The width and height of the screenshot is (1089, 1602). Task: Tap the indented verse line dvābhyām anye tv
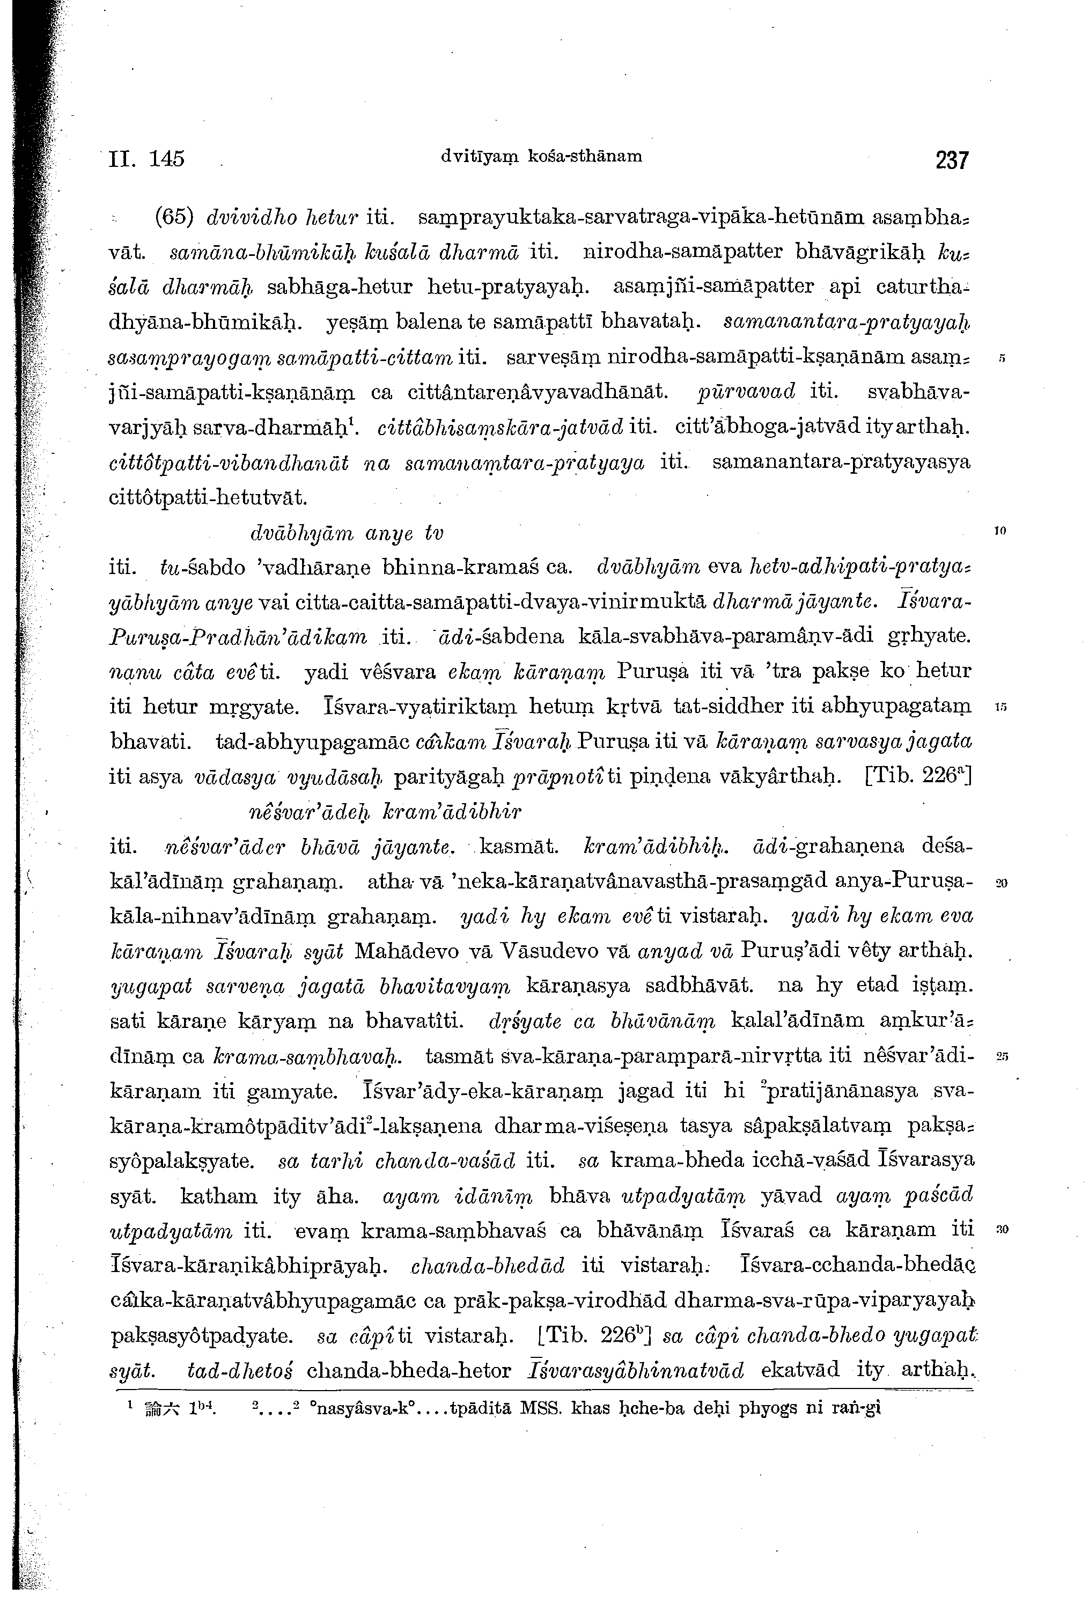(346, 533)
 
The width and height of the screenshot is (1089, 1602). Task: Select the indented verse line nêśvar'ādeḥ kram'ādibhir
(385, 811)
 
